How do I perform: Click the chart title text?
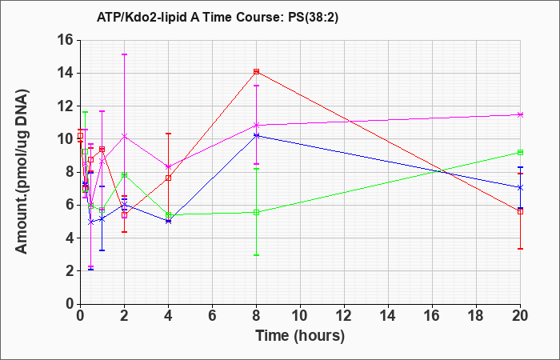point(217,18)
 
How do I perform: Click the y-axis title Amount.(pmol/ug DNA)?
point(22,171)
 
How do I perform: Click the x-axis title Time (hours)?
point(300,336)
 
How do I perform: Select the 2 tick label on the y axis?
point(70,271)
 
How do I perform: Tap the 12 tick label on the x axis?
point(344,316)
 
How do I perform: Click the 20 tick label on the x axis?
point(520,316)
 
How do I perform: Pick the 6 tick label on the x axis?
point(213,316)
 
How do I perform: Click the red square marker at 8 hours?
point(257,71)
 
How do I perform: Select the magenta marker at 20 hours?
point(520,114)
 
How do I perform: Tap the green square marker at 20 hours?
point(520,153)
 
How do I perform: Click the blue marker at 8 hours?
point(257,136)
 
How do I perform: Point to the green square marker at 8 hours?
point(257,213)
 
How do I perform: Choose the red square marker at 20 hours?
point(520,212)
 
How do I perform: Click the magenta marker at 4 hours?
point(169,166)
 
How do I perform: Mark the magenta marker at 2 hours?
point(124,136)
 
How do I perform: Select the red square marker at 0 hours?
point(81,136)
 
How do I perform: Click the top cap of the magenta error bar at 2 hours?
point(124,54)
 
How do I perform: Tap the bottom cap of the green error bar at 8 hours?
point(257,255)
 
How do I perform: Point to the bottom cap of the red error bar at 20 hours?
point(520,249)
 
